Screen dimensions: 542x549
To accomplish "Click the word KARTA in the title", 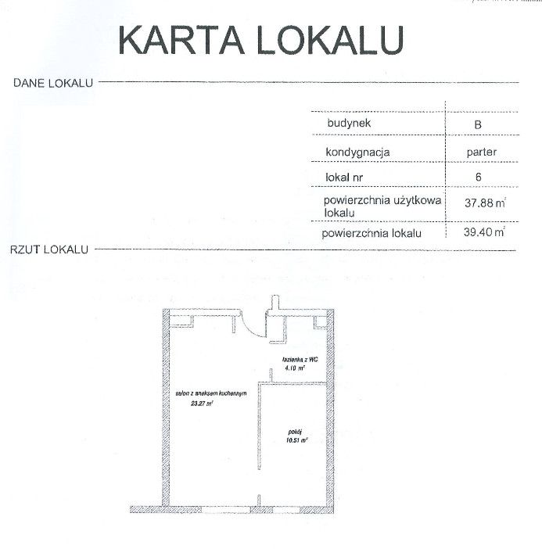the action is click(x=181, y=40).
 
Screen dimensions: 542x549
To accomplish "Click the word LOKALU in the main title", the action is click(x=331, y=40).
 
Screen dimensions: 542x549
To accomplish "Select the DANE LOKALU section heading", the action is click(x=53, y=83).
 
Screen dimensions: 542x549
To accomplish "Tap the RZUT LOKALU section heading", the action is click(x=49, y=249).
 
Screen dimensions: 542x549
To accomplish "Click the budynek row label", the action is click(x=349, y=124).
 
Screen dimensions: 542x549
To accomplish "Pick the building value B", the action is click(x=478, y=124).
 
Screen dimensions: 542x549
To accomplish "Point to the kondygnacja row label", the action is click(x=357, y=152).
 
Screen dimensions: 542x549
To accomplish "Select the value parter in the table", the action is click(x=482, y=152).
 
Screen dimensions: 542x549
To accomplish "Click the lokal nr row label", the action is click(x=344, y=178).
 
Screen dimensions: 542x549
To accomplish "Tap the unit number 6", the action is click(x=479, y=177).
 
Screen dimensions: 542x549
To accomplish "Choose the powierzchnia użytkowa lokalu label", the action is click(x=382, y=206).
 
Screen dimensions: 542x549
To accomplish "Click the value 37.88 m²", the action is click(x=485, y=203).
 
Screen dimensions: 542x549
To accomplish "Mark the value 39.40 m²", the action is click(x=484, y=231).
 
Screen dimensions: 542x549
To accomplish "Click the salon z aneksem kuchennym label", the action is click(x=211, y=393).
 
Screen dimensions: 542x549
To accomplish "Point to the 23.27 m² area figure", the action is click(x=202, y=404).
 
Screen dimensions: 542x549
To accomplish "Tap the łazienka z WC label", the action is click(x=300, y=359).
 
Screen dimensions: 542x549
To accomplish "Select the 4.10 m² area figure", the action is click(x=295, y=368).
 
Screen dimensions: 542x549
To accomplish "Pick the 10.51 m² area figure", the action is click(x=297, y=440).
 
